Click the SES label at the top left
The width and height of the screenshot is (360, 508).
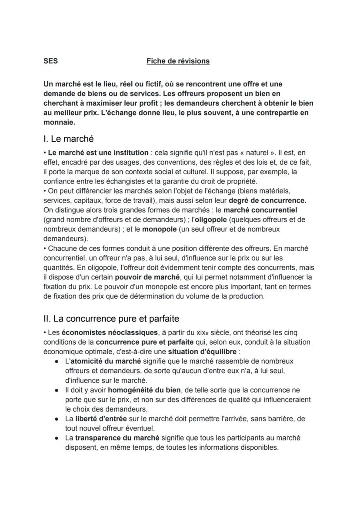click(50, 61)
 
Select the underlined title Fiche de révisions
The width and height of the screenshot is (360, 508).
click(178, 61)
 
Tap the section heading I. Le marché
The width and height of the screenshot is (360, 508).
click(68, 139)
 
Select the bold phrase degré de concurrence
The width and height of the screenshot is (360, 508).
click(267, 200)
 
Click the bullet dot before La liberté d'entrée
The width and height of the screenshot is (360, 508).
click(57, 419)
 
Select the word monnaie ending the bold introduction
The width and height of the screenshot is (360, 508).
click(59, 123)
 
